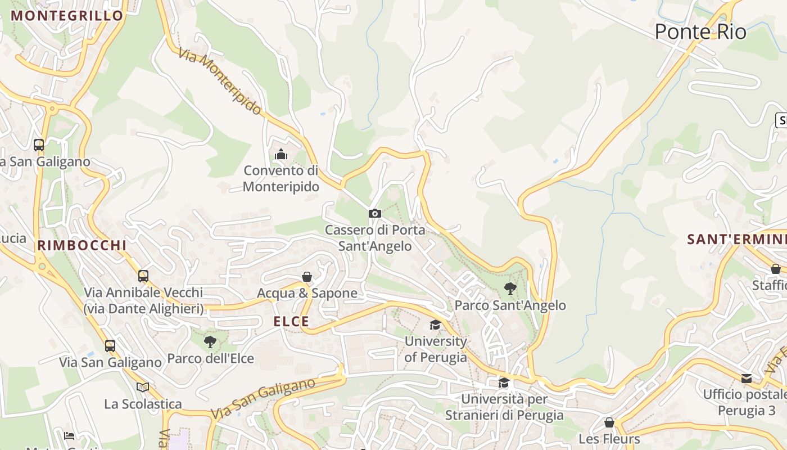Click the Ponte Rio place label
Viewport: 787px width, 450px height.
[x=700, y=32]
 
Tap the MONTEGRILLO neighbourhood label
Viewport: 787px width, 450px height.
[x=67, y=16]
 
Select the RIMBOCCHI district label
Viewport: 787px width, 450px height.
[x=82, y=245]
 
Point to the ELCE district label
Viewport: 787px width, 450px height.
[x=291, y=322]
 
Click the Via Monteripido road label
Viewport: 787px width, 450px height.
[x=220, y=82]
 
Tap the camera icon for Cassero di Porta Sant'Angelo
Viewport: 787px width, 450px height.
[x=375, y=213]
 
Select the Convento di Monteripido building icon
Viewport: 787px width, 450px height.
[x=281, y=154]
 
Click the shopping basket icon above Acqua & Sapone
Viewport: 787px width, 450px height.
[x=307, y=277]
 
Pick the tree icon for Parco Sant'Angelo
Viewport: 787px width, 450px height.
[x=510, y=289]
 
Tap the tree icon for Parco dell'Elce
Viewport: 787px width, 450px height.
[x=210, y=341]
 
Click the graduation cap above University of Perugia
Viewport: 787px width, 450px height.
[x=435, y=325]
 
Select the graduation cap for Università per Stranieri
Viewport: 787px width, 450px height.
[x=504, y=383]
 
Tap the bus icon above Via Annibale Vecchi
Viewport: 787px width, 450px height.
[x=143, y=276]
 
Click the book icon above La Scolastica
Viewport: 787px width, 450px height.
[x=143, y=387]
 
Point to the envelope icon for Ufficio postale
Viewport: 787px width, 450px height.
[x=747, y=378]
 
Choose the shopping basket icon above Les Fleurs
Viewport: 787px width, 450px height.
[x=609, y=422]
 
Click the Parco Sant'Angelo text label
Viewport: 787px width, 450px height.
[x=510, y=305]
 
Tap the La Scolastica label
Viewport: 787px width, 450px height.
[x=143, y=404]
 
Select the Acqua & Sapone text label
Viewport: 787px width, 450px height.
[x=307, y=293]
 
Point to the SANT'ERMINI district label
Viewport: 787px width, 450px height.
[x=736, y=240]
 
